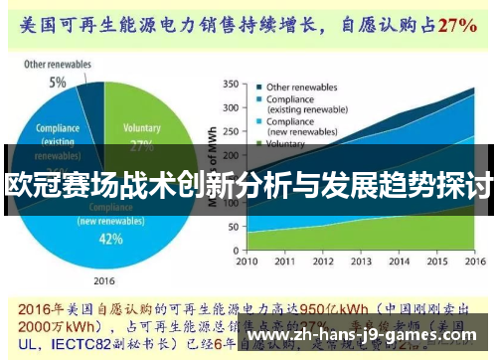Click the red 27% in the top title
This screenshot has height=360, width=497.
pyautogui.click(x=457, y=23)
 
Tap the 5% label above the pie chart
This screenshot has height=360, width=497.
pyautogui.click(x=59, y=82)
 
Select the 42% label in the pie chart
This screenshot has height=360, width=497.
pyautogui.click(x=111, y=239)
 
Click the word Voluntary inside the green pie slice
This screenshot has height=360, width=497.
pyautogui.click(x=141, y=128)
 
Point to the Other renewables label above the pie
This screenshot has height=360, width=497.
pyautogui.click(x=59, y=66)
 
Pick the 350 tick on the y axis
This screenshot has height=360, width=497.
pyautogui.click(x=230, y=84)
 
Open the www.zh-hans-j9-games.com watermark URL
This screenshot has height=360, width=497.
pyautogui.click(x=367, y=337)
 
